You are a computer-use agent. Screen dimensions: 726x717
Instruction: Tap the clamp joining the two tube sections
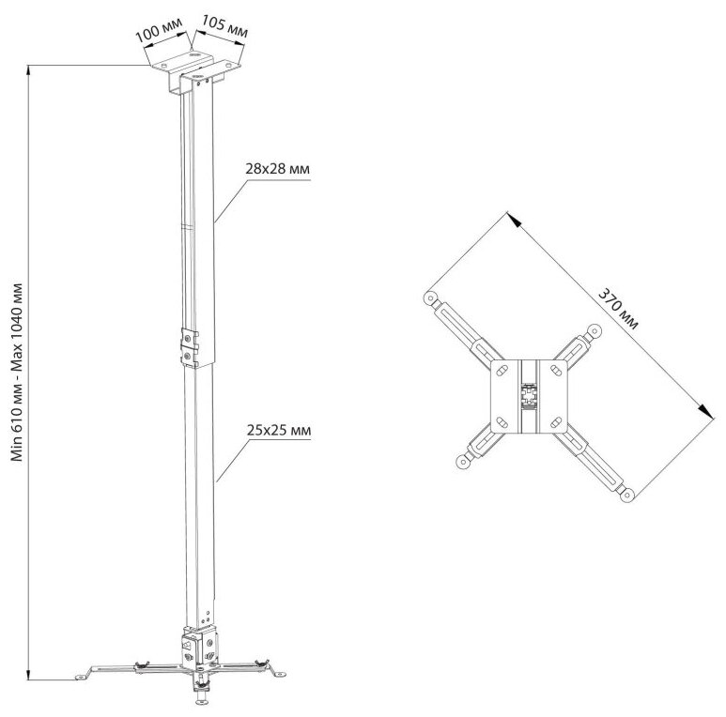[190, 344]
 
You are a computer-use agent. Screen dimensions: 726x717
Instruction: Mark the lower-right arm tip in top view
[626, 494]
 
